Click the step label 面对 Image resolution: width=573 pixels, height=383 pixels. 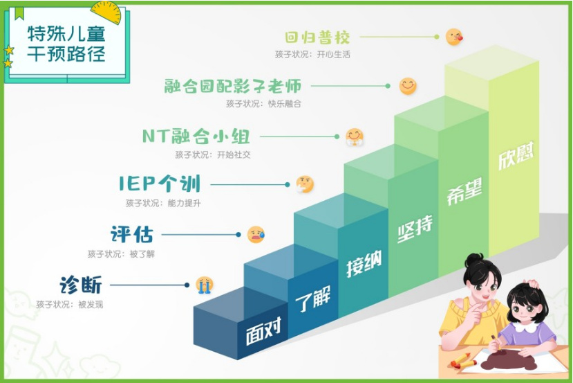(x=263, y=331)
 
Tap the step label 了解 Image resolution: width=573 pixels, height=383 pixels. (x=313, y=299)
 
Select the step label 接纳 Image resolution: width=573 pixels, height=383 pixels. (x=364, y=264)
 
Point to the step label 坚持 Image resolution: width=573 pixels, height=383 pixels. (x=415, y=229)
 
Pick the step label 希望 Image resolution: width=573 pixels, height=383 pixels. (x=464, y=191)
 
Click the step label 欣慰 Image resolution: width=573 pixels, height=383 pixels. (x=516, y=155)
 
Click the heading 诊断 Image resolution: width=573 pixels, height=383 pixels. (x=81, y=285)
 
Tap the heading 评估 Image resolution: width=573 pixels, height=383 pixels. (x=132, y=234)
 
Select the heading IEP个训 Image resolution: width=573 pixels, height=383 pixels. (x=160, y=184)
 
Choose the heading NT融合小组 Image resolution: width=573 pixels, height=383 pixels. (x=196, y=136)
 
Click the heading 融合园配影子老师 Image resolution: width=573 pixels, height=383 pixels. (x=233, y=86)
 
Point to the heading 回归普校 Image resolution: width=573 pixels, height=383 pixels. (x=317, y=37)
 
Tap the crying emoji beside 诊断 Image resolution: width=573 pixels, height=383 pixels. (x=205, y=285)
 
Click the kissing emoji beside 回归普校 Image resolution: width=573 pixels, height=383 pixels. (x=454, y=37)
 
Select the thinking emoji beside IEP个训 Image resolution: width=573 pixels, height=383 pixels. (x=304, y=184)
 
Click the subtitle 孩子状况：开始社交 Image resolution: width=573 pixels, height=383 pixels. (x=213, y=155)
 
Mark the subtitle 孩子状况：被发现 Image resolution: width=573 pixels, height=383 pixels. (x=69, y=304)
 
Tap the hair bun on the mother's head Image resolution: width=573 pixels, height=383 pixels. (x=474, y=260)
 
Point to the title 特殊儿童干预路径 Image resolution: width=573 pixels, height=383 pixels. (x=66, y=44)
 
